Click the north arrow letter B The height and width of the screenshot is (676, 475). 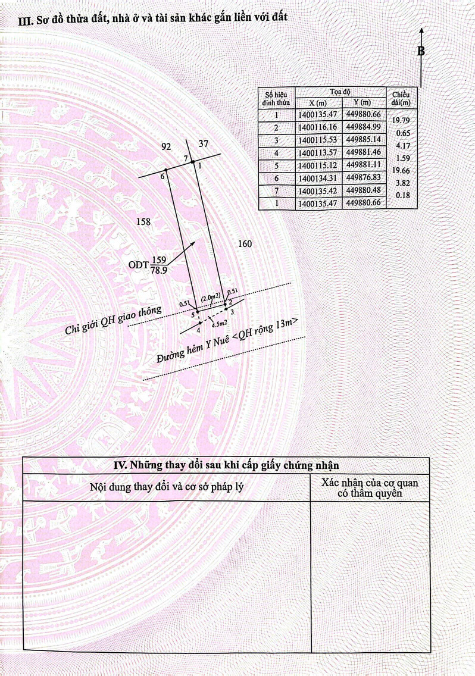click(421, 51)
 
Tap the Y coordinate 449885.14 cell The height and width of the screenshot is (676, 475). click(364, 140)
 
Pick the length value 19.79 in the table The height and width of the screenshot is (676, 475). click(401, 121)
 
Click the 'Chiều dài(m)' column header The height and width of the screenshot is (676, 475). click(401, 99)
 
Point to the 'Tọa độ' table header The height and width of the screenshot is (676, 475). click(340, 92)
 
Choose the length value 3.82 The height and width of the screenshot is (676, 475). click(402, 183)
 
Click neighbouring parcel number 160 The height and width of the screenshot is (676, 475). click(245, 244)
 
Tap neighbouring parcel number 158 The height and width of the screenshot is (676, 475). click(143, 221)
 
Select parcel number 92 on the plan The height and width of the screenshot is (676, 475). click(166, 146)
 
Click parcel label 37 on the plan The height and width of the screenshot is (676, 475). click(204, 143)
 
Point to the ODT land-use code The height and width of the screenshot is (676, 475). click(139, 265)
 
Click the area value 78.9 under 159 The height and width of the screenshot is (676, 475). click(159, 270)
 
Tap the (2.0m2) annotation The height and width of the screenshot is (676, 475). click(211, 296)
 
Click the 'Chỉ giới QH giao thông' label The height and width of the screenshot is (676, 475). click(114, 320)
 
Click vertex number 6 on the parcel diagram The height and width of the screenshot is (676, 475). click(162, 176)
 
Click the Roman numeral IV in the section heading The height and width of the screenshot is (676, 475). click(120, 465)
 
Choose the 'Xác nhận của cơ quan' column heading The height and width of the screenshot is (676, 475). click(370, 483)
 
